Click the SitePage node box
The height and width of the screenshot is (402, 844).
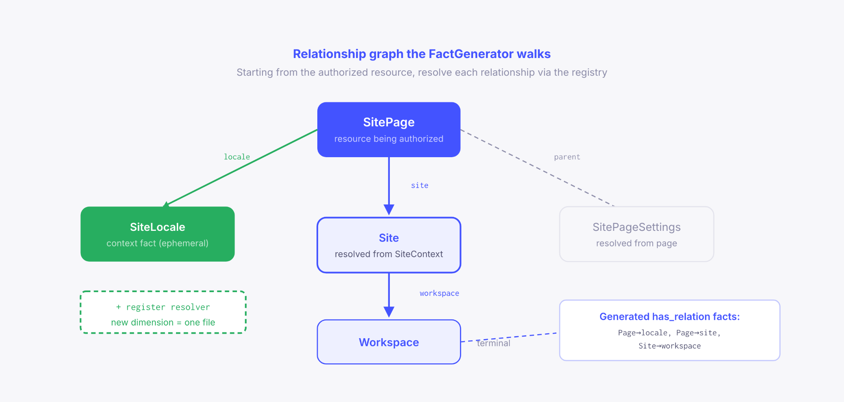pos(389,129)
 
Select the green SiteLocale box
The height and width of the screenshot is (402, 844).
pos(157,234)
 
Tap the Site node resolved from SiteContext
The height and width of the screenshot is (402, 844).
pos(389,245)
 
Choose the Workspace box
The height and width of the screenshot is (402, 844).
pos(389,342)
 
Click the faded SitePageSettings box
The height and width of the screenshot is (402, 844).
pos(636,234)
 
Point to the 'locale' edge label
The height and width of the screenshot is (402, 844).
pos(237,157)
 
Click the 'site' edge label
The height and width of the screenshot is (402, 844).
pos(420,186)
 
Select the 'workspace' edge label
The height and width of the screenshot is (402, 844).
pos(439,293)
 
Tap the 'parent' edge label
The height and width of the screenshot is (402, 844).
pos(567,157)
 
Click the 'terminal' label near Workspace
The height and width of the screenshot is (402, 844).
pos(493,343)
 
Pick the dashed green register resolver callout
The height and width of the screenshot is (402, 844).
pos(163,312)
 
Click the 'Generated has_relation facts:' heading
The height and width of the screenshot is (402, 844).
pos(669,316)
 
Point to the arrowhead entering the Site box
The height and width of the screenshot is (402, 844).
pos(389,210)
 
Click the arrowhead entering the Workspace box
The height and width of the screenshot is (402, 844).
pos(389,312)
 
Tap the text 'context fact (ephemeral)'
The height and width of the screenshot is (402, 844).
pos(157,243)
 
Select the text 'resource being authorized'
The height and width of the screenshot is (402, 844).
pos(389,139)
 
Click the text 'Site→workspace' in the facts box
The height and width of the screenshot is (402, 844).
pos(669,346)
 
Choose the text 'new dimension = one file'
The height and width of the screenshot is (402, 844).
pos(163,323)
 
